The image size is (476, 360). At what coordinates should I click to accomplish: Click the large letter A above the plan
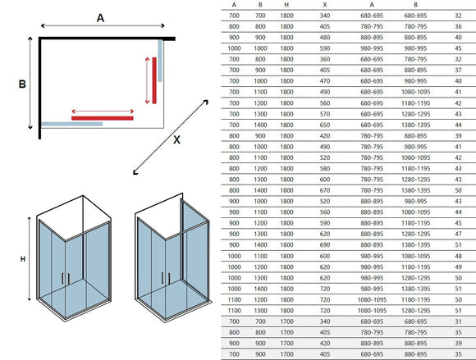tap(100, 18)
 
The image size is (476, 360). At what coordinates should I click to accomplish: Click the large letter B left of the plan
tap(22, 84)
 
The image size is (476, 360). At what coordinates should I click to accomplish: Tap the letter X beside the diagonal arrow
tap(176, 139)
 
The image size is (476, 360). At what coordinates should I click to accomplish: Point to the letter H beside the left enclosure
tap(23, 259)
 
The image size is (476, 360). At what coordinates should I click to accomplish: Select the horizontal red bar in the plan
tap(103, 118)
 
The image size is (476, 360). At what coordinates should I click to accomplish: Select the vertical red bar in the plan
tap(154, 80)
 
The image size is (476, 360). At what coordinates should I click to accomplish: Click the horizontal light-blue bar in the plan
tap(72, 124)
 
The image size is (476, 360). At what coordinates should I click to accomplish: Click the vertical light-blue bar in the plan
tap(160, 61)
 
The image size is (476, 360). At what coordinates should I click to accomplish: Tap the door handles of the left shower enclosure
tap(66, 279)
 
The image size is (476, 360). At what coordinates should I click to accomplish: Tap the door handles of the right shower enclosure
tap(166, 278)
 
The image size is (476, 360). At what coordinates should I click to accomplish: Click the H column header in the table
tap(286, 5)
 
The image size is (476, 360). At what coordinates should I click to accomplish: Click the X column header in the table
tap(325, 5)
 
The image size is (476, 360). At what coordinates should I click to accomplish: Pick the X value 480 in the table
tap(325, 37)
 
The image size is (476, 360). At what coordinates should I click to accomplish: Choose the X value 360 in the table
tap(325, 59)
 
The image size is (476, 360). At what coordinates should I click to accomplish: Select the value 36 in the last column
tap(459, 26)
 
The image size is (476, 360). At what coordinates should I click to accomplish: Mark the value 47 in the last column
tap(459, 234)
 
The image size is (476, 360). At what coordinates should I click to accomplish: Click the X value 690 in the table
tap(325, 244)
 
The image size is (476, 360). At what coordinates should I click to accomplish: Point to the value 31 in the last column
tap(459, 321)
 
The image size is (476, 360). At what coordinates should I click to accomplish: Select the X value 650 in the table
tap(325, 125)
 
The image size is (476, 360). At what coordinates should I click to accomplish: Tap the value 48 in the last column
tap(459, 256)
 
